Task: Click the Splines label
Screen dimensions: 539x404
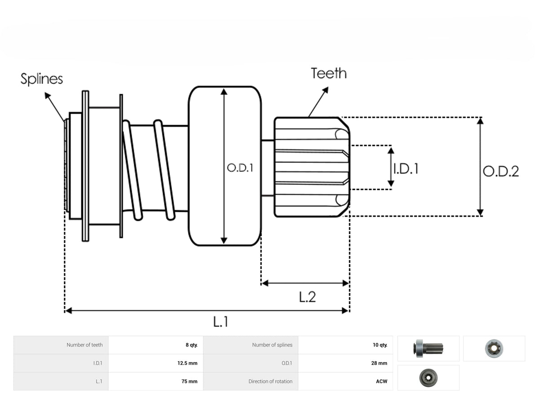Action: pyautogui.click(x=41, y=79)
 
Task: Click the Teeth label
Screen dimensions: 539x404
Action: pyautogui.click(x=328, y=73)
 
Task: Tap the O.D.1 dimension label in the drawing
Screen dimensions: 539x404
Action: pyautogui.click(x=240, y=168)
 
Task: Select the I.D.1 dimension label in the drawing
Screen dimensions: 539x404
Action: pyautogui.click(x=406, y=169)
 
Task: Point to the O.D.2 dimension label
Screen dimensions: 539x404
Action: pyautogui.click(x=501, y=171)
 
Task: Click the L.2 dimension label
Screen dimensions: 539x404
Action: pyautogui.click(x=307, y=297)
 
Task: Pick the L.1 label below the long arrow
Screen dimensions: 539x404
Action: pyautogui.click(x=221, y=321)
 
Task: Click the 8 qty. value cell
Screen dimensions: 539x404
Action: pyautogui.click(x=191, y=345)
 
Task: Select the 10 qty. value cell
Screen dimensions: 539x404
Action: pyautogui.click(x=380, y=345)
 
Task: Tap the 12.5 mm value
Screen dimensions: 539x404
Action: pyautogui.click(x=187, y=363)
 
